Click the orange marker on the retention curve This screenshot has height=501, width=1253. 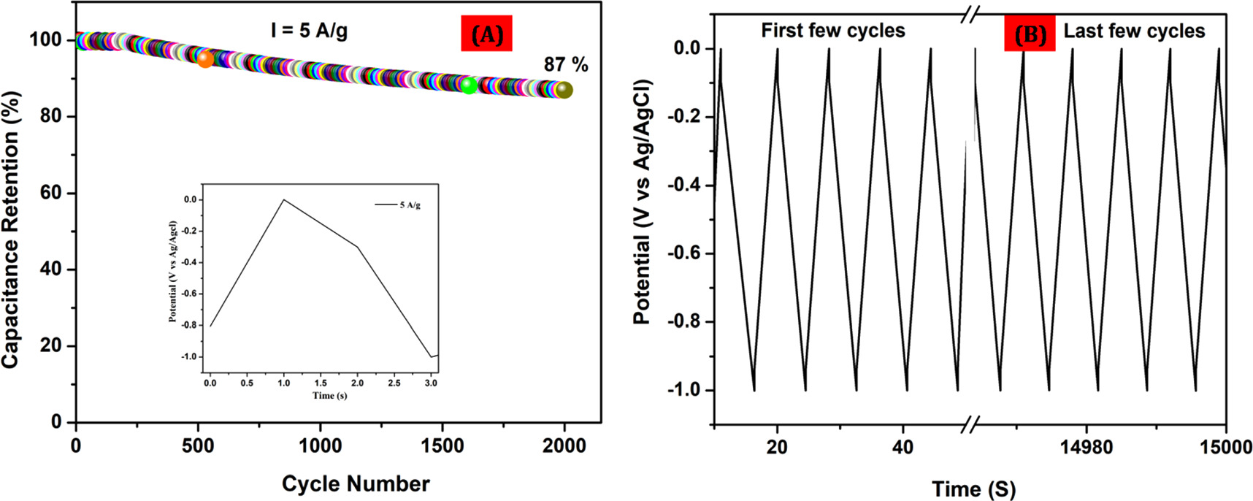click(206, 59)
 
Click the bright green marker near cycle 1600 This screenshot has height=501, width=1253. click(469, 85)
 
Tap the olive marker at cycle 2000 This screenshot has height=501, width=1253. click(564, 91)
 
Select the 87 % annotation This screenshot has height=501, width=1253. click(566, 65)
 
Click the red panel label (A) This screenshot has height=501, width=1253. click(487, 35)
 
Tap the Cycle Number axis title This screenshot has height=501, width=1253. click(356, 483)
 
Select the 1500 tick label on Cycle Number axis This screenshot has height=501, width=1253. click(442, 445)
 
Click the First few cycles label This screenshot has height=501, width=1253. click(832, 31)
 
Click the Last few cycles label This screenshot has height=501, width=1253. click(1133, 31)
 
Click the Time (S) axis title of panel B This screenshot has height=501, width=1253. click(973, 489)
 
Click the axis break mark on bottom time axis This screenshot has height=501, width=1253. click(970, 424)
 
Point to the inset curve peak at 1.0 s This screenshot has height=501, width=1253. click(283, 199)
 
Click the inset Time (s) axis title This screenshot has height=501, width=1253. click(329, 395)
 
